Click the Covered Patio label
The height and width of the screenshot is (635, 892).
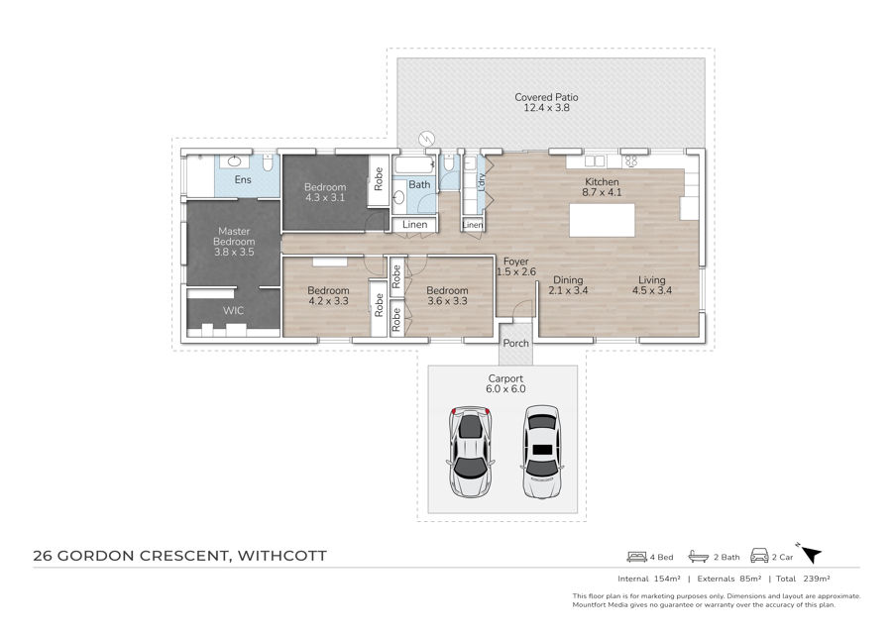tap(546, 97)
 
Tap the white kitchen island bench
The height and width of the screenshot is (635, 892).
tap(602, 220)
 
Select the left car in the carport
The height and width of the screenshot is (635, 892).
tap(470, 452)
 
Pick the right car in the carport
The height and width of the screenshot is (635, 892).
tap(542, 452)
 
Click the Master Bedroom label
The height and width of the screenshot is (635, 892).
tap(234, 237)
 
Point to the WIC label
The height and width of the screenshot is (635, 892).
tap(233, 310)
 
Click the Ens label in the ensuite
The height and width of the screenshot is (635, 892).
tap(243, 179)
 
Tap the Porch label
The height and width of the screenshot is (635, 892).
tap(516, 344)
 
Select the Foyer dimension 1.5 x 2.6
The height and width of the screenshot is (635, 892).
tap(516, 271)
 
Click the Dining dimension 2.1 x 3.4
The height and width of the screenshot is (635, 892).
tap(568, 290)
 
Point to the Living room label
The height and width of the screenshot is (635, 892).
tap(652, 280)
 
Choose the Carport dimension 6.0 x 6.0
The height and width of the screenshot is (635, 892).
tap(505, 389)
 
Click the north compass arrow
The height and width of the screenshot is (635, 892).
tap(810, 553)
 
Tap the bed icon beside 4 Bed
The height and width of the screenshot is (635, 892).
tap(637, 557)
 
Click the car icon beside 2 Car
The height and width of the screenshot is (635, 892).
tap(759, 556)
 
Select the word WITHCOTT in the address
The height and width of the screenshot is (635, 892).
tap(282, 556)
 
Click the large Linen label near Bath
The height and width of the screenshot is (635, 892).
tap(414, 225)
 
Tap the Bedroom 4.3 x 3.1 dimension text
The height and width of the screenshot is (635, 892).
tap(325, 198)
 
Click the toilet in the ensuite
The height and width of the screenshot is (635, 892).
tap(268, 162)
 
